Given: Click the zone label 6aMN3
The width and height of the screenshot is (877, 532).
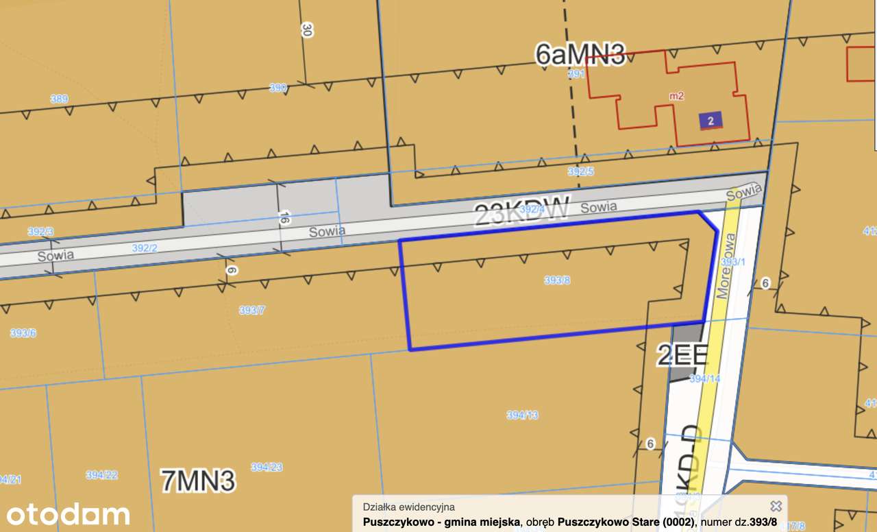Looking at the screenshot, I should point(580,55).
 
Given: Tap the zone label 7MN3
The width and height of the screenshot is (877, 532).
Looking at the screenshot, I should point(198,481).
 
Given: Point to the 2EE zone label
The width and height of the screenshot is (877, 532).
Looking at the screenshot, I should point(682,356).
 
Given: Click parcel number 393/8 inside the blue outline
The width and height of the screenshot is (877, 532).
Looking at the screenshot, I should point(557,280).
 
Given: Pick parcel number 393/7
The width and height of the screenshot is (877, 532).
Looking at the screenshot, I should point(252,310).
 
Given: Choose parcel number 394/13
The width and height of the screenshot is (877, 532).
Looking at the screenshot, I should point(523,415).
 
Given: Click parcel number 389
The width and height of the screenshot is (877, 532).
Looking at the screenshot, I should point(59,99).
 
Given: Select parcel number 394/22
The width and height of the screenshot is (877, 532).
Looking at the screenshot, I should point(101,474).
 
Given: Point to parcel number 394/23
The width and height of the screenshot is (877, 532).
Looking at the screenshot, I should point(267,467).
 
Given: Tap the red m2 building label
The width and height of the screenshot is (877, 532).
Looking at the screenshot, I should point(676,96).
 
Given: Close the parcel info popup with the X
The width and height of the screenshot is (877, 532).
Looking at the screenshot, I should point(776,506).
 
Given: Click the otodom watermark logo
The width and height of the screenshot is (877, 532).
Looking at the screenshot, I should point(68,514).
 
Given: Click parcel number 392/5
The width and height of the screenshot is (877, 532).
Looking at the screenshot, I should point(580,171).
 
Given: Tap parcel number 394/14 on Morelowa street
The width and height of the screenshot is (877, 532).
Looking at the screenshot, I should point(704,378).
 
